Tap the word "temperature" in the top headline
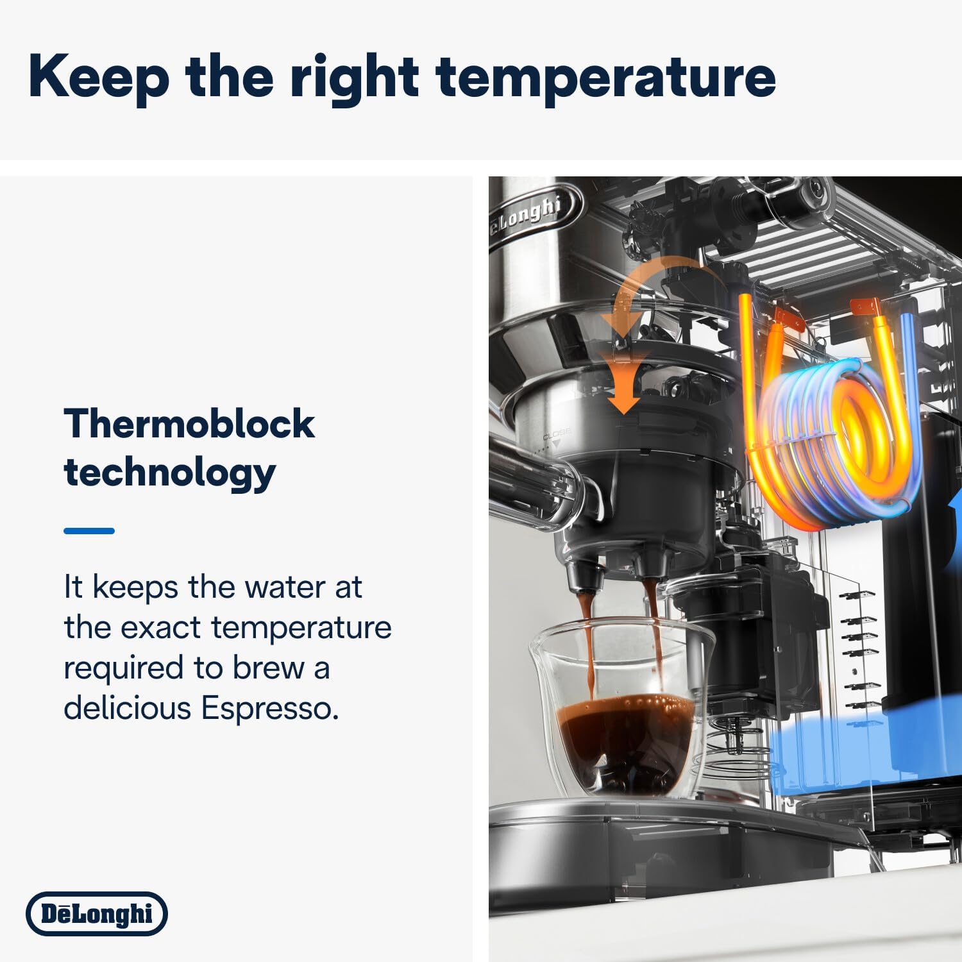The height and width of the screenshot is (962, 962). click(x=605, y=77)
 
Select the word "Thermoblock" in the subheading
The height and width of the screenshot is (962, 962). click(x=189, y=425)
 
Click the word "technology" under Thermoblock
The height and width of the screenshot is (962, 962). click(x=169, y=473)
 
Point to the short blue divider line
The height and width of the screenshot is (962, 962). click(x=89, y=531)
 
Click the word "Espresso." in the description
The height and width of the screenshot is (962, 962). click(x=269, y=708)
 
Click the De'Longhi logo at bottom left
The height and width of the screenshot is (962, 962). click(x=97, y=913)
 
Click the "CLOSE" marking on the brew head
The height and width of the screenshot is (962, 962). click(x=556, y=435)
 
